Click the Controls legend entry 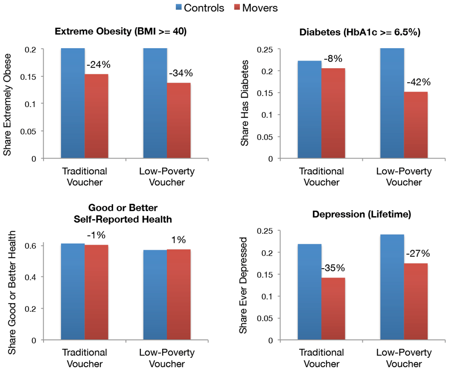[x=200, y=8]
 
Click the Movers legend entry [x=256, y=8]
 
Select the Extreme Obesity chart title [x=120, y=31]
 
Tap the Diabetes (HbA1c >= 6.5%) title [x=360, y=32]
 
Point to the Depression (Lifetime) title [x=362, y=214]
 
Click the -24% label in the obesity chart [x=99, y=65]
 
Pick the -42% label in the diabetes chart [x=419, y=82]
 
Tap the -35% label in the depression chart [x=333, y=268]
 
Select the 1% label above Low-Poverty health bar [x=178, y=240]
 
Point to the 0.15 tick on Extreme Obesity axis [x=28, y=77]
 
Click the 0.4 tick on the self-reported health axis [x=30, y=277]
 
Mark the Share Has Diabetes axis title [x=245, y=103]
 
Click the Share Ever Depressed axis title [x=243, y=285]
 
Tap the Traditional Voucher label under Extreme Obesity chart [x=85, y=177]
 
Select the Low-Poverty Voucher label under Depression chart [x=404, y=358]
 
